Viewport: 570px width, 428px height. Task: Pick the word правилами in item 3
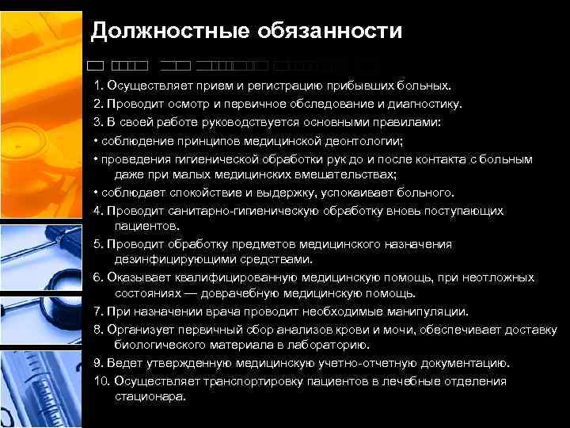[403, 123]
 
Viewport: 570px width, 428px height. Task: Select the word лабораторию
[325, 345]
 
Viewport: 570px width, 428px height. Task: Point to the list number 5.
[98, 245]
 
